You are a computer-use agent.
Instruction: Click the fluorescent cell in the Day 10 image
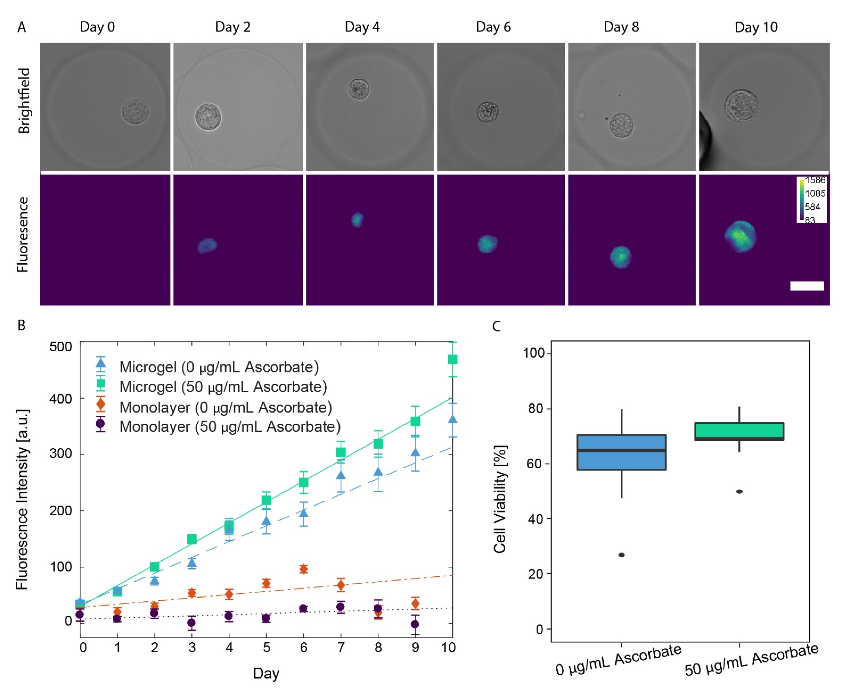[740, 237]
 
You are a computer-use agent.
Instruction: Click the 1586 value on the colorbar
[815, 180]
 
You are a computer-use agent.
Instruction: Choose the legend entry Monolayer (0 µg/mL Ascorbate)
[225, 407]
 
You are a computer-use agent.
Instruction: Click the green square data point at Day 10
[452, 359]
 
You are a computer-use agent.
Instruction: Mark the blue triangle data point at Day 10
[452, 419]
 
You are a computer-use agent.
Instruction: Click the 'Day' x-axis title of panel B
[266, 673]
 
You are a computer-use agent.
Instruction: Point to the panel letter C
[496, 326]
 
